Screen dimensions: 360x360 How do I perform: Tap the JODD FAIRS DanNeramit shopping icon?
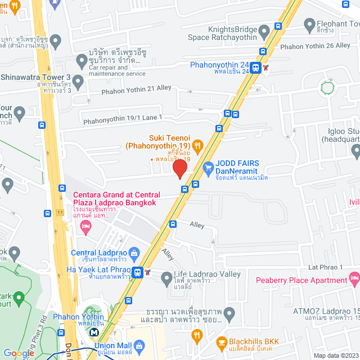tap(208, 167)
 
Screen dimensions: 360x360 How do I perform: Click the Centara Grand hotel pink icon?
tap(85, 228)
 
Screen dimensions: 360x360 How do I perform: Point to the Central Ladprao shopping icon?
tap(133, 253)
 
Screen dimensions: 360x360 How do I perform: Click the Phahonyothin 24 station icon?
tap(256, 68)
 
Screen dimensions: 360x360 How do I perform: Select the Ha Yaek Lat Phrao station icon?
tap(137, 272)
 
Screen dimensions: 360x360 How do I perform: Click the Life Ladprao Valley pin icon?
tap(166, 278)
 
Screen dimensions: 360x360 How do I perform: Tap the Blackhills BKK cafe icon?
tap(222, 341)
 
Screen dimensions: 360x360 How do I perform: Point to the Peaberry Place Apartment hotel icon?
tap(354, 278)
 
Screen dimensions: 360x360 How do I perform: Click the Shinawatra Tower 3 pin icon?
tap(78, 82)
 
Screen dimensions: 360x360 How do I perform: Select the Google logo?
tap(18, 353)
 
